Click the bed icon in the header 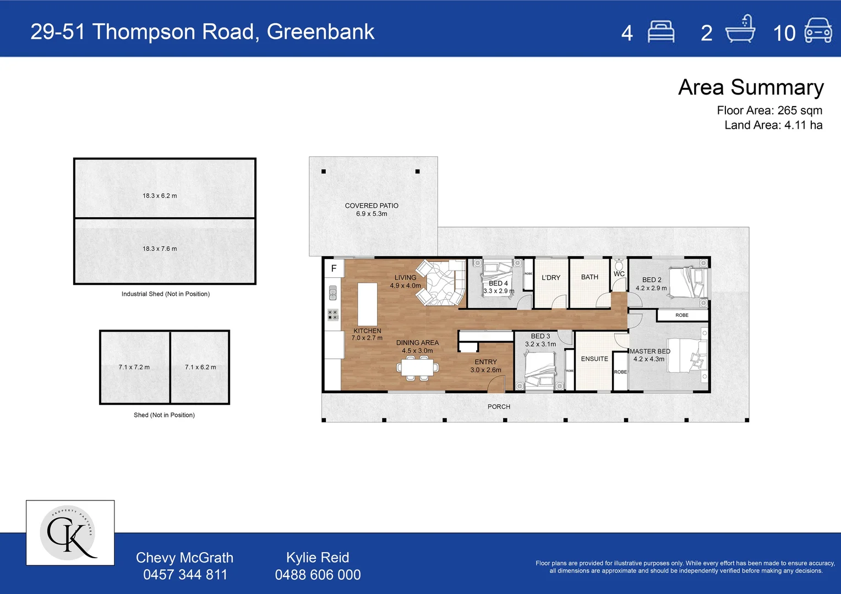(661, 32)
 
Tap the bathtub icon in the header (740, 30)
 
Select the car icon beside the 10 (818, 31)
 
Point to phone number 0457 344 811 (185, 575)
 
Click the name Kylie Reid (318, 557)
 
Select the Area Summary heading (751, 87)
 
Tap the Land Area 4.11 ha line (773, 125)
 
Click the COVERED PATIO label (372, 206)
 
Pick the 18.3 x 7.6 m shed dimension (160, 249)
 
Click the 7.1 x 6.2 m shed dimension (200, 367)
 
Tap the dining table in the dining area (417, 367)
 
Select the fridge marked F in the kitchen (334, 268)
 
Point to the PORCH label (499, 406)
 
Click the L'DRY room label (550, 278)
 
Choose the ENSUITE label (594, 359)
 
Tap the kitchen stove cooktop (332, 315)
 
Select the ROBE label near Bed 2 (682, 315)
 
